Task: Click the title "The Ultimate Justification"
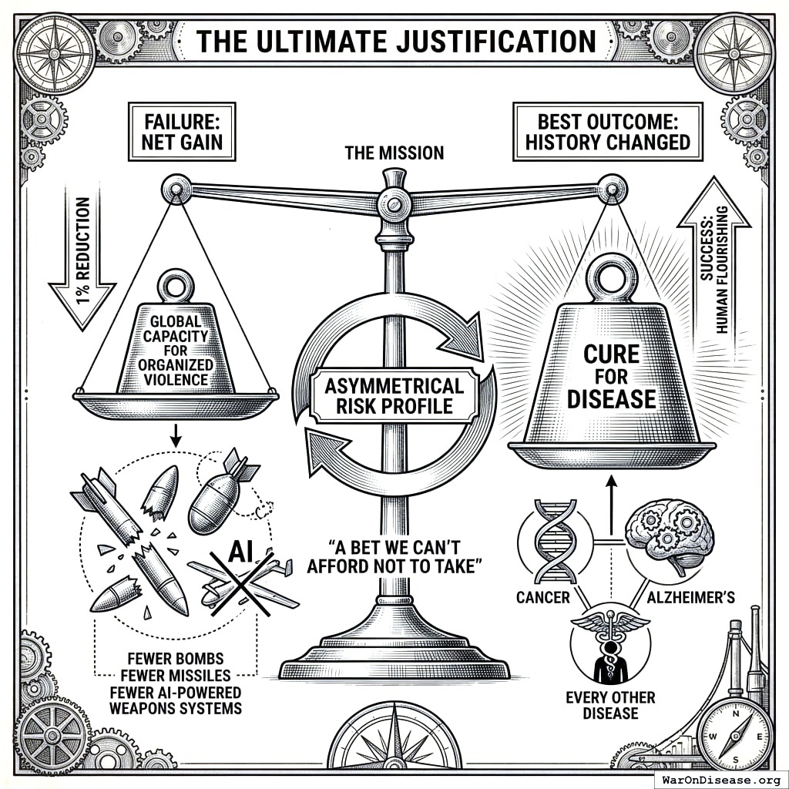point(394,41)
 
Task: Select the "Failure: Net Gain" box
point(180,131)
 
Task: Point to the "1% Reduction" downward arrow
point(82,262)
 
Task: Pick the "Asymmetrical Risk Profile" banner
point(394,395)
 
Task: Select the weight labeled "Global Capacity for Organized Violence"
point(176,347)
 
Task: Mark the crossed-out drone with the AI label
point(245,578)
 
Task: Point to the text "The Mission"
point(394,153)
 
